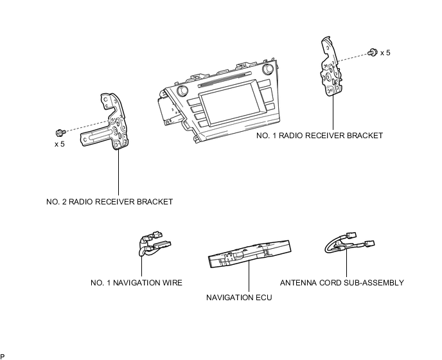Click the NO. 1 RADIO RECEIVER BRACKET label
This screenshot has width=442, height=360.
(x=320, y=136)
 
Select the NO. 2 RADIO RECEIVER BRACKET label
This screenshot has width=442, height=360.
(x=110, y=202)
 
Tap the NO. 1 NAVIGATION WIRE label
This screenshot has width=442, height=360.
(x=136, y=283)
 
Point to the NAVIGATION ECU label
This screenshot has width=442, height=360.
(x=239, y=298)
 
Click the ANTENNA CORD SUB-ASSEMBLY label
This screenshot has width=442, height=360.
(x=342, y=283)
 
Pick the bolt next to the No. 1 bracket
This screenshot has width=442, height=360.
(x=373, y=53)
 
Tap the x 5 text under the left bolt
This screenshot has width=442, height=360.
(x=60, y=144)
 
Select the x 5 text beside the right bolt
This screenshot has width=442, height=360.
(x=385, y=53)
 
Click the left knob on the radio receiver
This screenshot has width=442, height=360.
(x=182, y=91)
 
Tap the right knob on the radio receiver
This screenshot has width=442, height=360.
(x=267, y=69)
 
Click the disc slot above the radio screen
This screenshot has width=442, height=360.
(x=225, y=79)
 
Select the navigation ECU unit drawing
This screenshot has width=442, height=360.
(x=249, y=254)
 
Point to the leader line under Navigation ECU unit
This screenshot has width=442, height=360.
(x=249, y=276)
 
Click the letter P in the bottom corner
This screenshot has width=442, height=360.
(x=3, y=357)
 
